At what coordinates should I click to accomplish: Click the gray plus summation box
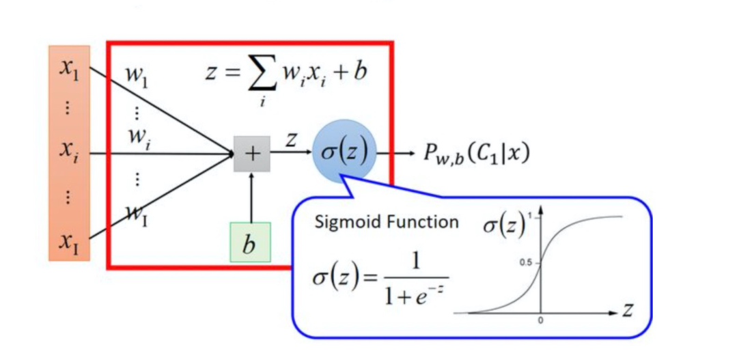252,154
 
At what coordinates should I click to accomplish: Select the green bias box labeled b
250,243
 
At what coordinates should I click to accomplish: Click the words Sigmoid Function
387,222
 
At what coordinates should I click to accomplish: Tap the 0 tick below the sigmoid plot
540,321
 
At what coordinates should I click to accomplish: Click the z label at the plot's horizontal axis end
628,311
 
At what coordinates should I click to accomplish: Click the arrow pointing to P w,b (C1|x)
395,153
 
